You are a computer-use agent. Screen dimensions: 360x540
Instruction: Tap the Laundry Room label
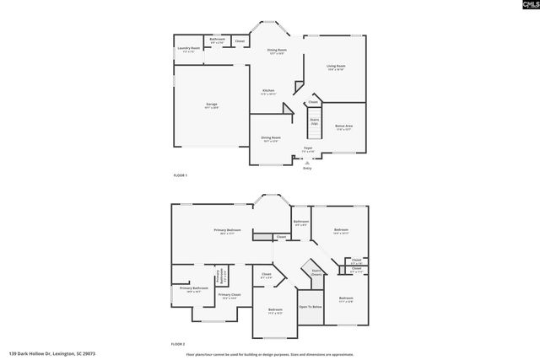[x=189, y=49]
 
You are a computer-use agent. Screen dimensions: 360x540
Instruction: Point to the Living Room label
[x=337, y=67]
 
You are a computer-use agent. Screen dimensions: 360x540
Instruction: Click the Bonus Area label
[x=344, y=126]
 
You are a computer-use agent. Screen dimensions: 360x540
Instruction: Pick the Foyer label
[x=309, y=148]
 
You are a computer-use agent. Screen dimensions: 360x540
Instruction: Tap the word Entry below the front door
[x=307, y=169]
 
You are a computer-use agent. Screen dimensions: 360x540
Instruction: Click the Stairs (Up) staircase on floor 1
[x=314, y=121]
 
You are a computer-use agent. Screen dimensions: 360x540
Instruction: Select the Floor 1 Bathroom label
[x=217, y=40]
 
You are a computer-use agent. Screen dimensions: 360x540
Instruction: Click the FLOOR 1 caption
[x=180, y=175]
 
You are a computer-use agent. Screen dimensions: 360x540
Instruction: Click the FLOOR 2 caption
[x=178, y=344]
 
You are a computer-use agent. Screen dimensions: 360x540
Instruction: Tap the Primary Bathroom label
[x=193, y=289]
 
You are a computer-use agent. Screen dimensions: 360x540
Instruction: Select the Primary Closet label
[x=229, y=296]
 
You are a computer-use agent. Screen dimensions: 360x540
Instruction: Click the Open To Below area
[x=310, y=307]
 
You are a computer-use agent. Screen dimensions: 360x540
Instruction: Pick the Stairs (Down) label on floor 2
[x=316, y=272]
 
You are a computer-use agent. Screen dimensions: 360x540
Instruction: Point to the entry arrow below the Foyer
[x=306, y=161]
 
